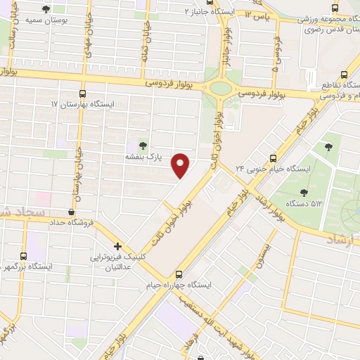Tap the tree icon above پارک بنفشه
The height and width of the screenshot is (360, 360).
[143, 146]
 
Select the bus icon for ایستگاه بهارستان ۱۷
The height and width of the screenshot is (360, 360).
[83, 93]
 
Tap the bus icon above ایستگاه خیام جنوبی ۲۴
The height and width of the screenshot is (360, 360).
[274, 158]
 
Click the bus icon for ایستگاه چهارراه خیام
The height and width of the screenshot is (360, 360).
[179, 274]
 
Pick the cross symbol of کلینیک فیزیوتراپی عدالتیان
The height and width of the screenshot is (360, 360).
[117, 246]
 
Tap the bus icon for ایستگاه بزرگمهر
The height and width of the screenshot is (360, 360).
[24, 256]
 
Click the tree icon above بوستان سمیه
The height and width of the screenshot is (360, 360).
[46, 10]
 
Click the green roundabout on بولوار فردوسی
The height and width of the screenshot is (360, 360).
[221, 89]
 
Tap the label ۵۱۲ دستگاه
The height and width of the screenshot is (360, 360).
[307, 205]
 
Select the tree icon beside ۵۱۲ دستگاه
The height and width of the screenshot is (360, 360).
[304, 192]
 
